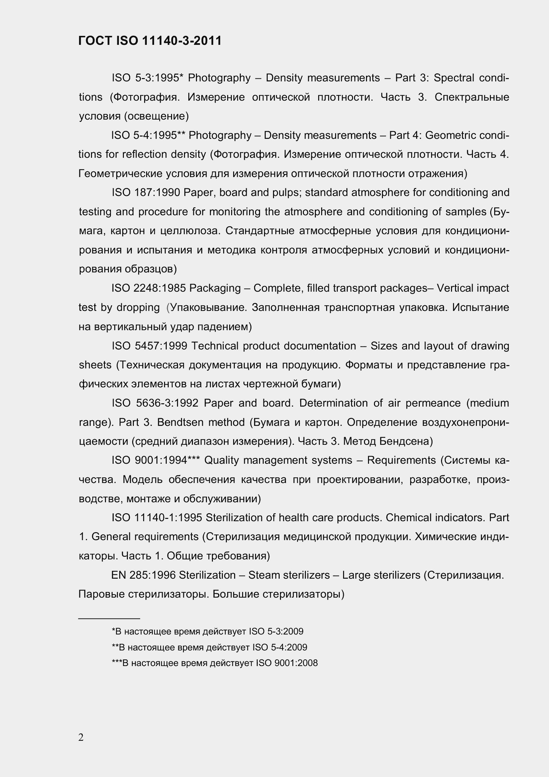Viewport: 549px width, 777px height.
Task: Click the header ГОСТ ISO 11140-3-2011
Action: pos(150,41)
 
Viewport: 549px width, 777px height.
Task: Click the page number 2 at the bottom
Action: pos(81,737)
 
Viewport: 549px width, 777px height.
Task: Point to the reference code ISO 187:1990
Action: pos(146,193)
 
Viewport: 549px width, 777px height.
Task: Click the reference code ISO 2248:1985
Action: pos(149,288)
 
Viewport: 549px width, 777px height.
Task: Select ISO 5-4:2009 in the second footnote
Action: pos(280,647)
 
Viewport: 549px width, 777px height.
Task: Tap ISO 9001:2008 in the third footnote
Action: pos(287,663)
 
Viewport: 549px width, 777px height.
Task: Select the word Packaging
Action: pos(215,288)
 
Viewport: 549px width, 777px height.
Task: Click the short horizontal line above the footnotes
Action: pos(109,619)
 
